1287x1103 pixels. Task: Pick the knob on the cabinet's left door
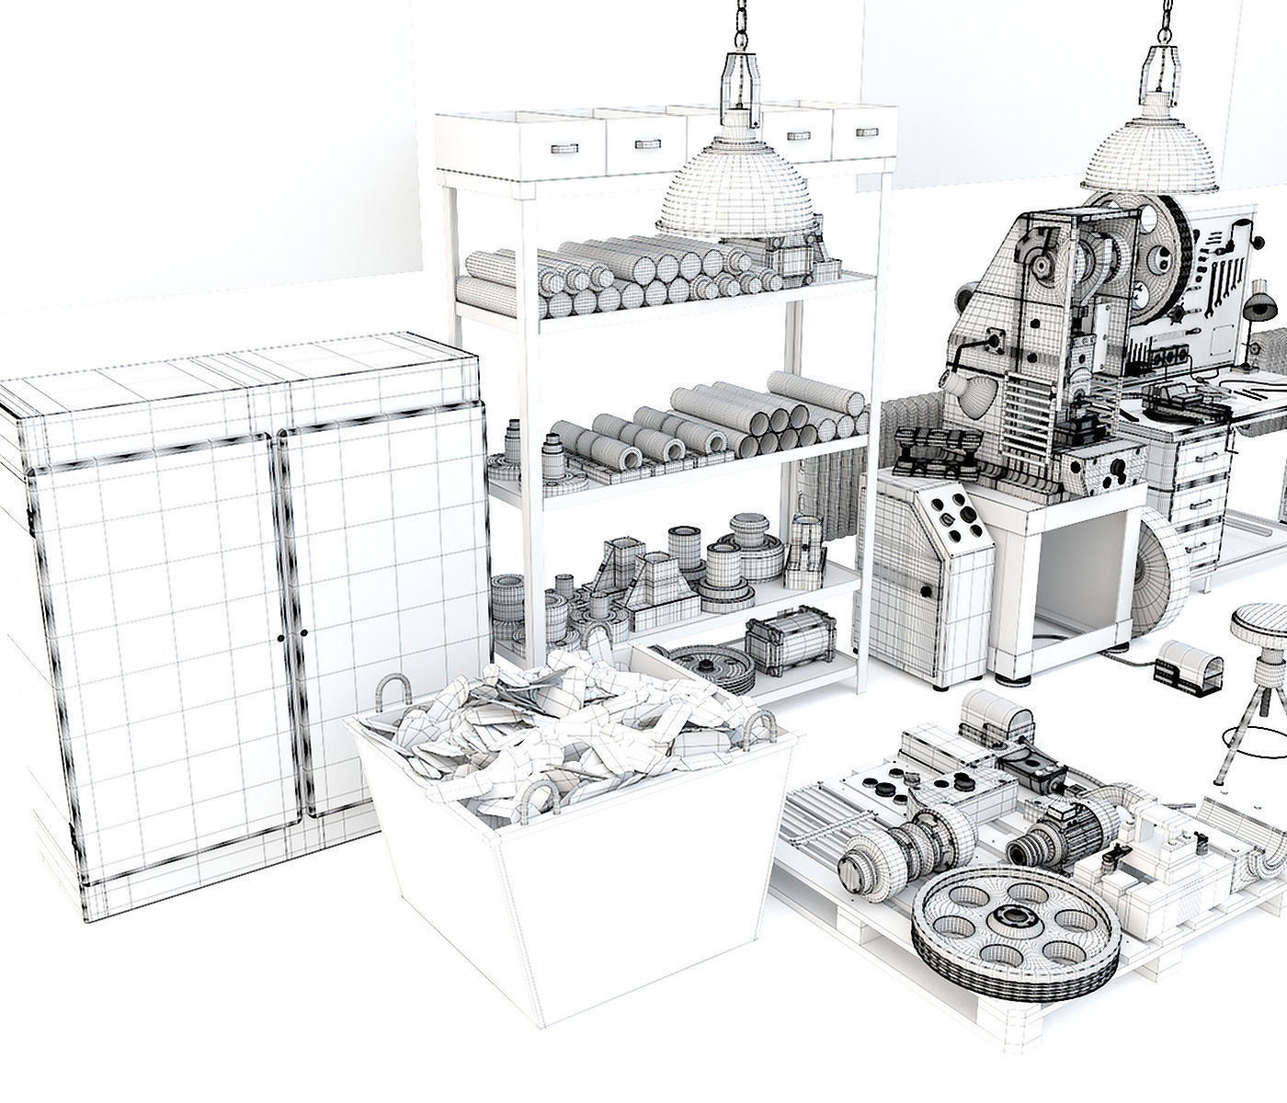pyautogui.click(x=279, y=637)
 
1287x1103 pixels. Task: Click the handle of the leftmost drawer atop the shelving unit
pyautogui.click(x=558, y=146)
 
